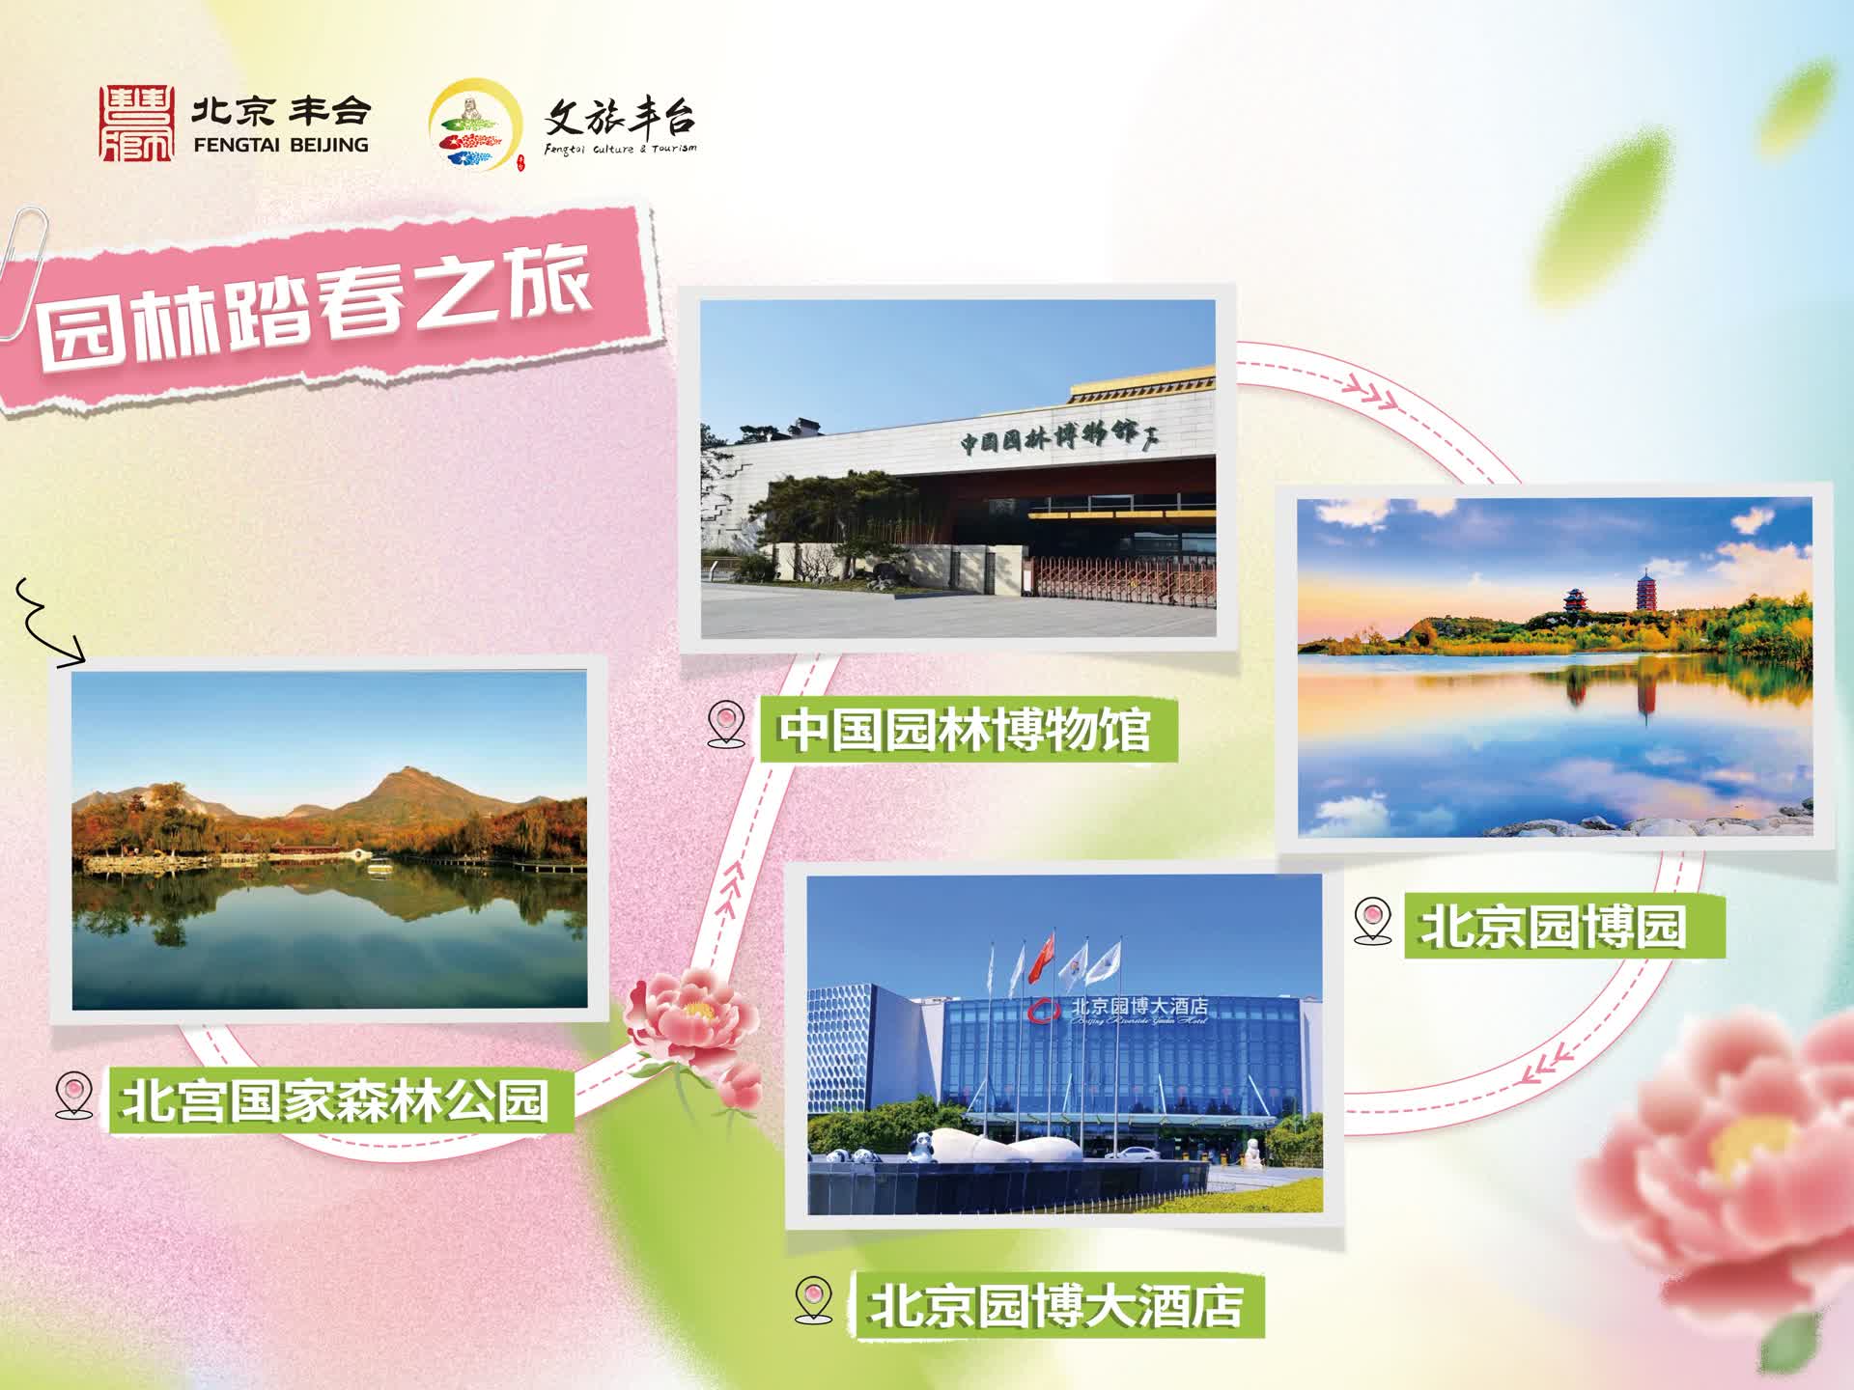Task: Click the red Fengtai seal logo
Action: [x=137, y=124]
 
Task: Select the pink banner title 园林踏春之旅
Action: [x=315, y=307]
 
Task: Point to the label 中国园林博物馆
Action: [x=964, y=730]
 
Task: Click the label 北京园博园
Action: [x=1553, y=927]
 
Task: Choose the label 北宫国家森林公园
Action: [x=334, y=1100]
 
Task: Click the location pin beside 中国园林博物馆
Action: [x=726, y=725]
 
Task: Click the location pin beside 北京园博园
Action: [x=1372, y=921]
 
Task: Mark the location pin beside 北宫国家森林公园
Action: [x=74, y=1096]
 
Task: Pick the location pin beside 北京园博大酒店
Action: [x=813, y=1300]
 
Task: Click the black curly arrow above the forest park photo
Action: [x=48, y=623]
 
